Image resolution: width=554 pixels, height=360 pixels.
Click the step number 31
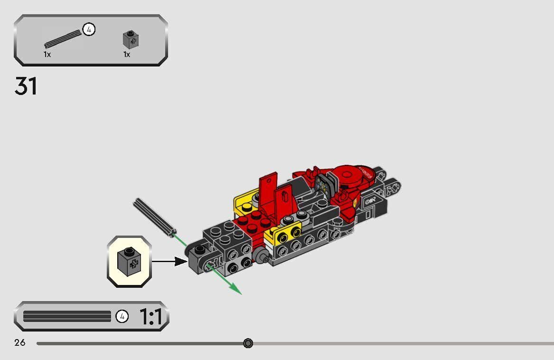(x=26, y=86)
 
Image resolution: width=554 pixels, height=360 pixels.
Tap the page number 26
(x=20, y=342)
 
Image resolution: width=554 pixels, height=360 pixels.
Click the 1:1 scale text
(x=151, y=317)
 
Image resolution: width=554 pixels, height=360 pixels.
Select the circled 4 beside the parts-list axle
(x=89, y=29)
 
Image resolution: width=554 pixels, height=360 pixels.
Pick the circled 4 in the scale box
(x=122, y=316)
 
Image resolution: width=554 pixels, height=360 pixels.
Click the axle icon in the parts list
(x=63, y=38)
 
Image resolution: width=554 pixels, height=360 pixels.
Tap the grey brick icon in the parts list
(x=131, y=40)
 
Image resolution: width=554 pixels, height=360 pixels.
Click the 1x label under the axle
(x=47, y=55)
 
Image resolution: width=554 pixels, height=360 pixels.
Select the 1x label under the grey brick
(x=127, y=55)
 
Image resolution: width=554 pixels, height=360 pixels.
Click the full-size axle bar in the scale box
(x=66, y=316)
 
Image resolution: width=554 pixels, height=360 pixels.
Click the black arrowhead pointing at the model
(x=181, y=261)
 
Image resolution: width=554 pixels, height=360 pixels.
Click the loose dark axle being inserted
(x=153, y=217)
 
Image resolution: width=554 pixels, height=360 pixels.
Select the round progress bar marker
(x=248, y=343)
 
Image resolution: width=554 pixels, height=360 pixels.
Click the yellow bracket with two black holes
(x=286, y=233)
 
